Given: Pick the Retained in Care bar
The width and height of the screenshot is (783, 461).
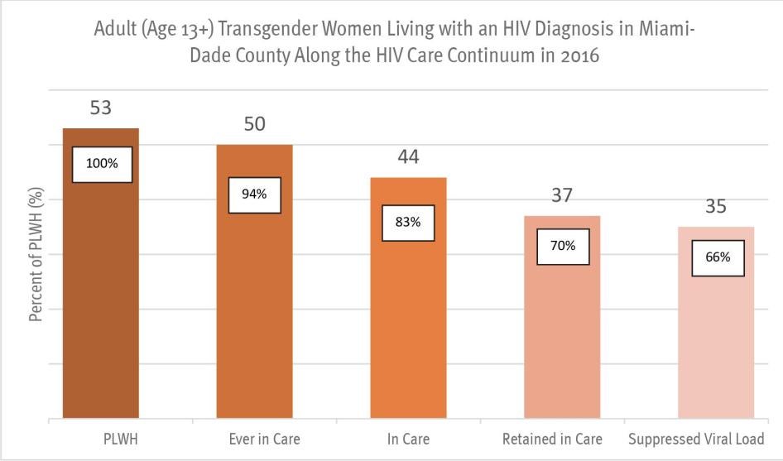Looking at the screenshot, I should pyautogui.click(x=562, y=348).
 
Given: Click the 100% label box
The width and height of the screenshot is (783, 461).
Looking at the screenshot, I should pyautogui.click(x=102, y=164).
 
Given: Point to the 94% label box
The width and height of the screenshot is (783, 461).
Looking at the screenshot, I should pyautogui.click(x=254, y=194).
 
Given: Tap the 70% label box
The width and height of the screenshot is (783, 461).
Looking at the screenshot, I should pyautogui.click(x=563, y=246).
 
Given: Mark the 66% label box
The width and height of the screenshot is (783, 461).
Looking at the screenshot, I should pyautogui.click(x=718, y=257).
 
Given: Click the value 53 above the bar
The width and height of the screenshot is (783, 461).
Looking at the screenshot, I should pyautogui.click(x=101, y=108).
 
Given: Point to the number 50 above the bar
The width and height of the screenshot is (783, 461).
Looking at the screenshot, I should pyautogui.click(x=254, y=124).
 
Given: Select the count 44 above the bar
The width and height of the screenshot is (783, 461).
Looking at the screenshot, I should pyautogui.click(x=408, y=157).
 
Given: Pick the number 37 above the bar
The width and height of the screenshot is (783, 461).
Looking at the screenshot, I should pyautogui.click(x=563, y=195).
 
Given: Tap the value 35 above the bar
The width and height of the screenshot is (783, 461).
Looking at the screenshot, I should pyautogui.click(x=715, y=206).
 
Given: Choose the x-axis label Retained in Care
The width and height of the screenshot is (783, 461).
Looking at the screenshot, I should pyautogui.click(x=552, y=439).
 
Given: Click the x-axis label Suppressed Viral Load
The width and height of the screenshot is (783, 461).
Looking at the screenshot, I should pyautogui.click(x=695, y=439).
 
